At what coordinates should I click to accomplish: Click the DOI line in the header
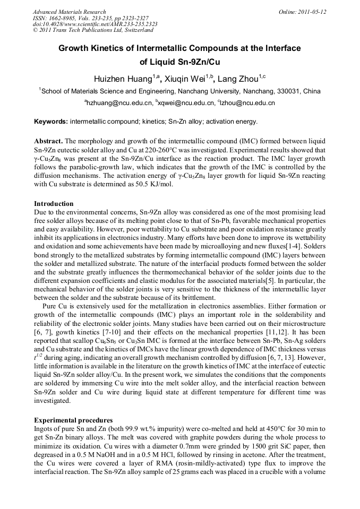(x=95, y=24)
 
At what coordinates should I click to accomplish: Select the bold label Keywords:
(x=51, y=122)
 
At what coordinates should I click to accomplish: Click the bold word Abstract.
(x=49, y=142)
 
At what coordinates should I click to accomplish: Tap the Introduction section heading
(x=54, y=203)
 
